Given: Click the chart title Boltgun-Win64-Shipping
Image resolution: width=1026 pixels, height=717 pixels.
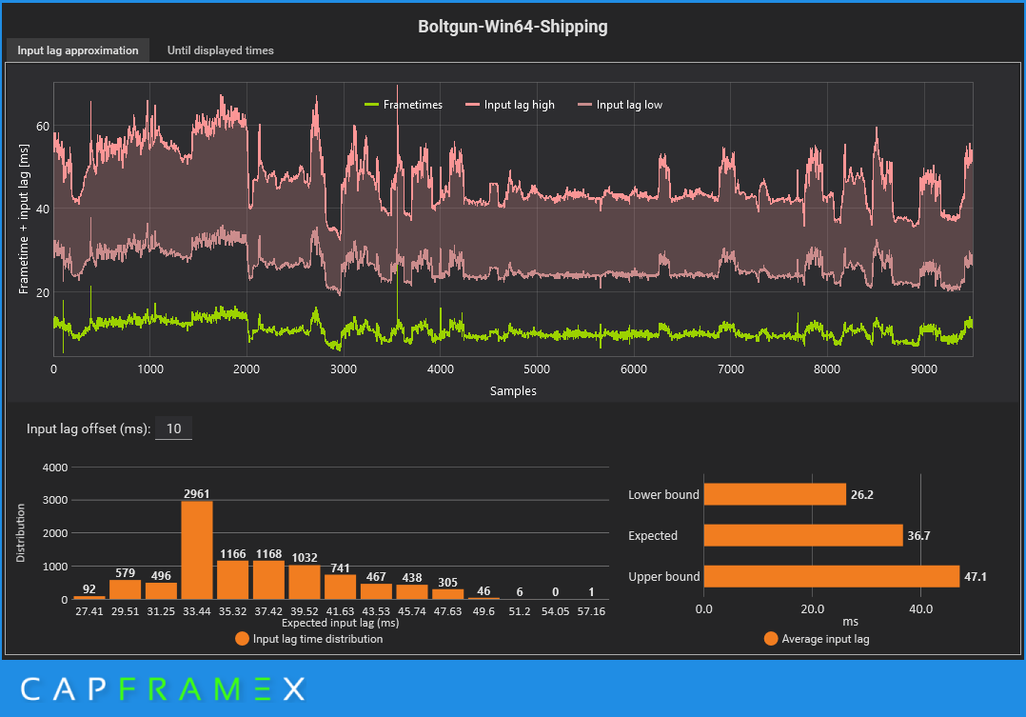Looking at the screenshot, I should (512, 27).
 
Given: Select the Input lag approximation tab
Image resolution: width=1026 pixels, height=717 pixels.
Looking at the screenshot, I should (78, 50).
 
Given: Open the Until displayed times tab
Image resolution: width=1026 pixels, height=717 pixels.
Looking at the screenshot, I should (220, 50).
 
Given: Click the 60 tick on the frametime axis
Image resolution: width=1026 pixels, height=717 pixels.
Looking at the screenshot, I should (43, 126).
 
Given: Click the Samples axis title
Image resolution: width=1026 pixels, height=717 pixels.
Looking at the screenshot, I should (513, 390).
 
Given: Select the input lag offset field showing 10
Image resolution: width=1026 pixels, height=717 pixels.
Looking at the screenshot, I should (173, 428).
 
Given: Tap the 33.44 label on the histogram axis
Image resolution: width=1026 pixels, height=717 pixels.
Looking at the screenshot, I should (197, 610).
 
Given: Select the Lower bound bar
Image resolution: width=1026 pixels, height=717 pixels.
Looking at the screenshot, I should (774, 494).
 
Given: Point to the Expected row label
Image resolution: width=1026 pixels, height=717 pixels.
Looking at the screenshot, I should (653, 535).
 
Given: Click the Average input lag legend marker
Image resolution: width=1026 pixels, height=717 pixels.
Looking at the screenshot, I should (771, 639).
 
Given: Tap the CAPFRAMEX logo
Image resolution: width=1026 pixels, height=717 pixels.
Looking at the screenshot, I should (162, 687).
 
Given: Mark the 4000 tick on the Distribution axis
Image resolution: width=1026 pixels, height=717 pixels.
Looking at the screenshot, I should (55, 468).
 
